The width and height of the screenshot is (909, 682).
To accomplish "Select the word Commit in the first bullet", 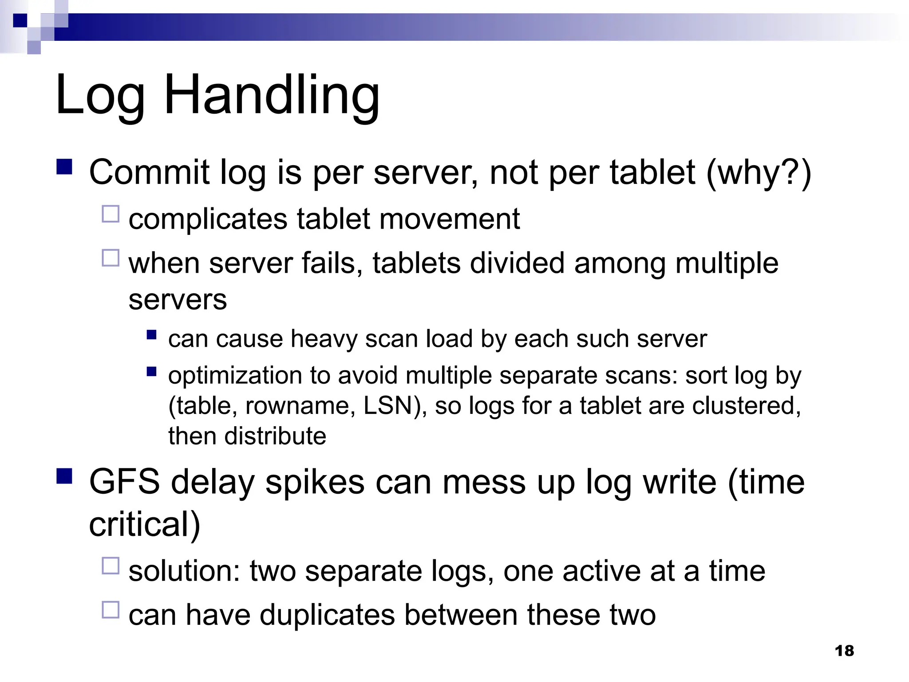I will pos(149,172).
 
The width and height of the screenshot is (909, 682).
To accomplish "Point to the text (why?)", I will pos(759,173).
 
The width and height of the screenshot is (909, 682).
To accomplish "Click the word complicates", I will pos(208,219).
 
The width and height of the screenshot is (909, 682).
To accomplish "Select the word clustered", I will pos(746,406).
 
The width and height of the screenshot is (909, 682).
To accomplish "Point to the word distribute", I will pos(275,436).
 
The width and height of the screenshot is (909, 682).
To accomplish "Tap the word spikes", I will pos(315,483).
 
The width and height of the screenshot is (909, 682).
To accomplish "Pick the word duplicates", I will pos(327,615).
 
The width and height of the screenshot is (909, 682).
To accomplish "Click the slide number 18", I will pos(844,651).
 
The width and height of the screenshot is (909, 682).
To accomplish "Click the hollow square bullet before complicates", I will pos(111,214).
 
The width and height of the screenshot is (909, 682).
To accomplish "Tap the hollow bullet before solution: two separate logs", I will pos(111,566).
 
